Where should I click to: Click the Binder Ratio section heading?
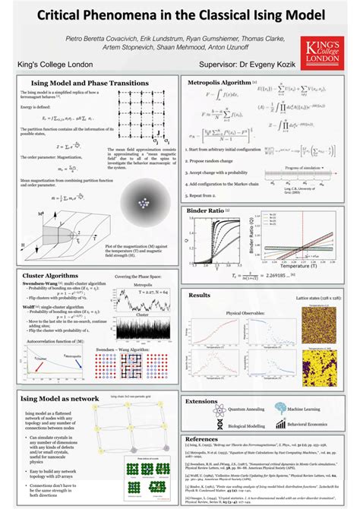(x=206, y=210)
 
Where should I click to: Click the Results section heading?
(x=199, y=295)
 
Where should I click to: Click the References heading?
(x=201, y=439)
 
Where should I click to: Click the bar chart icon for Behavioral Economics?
(x=283, y=424)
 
